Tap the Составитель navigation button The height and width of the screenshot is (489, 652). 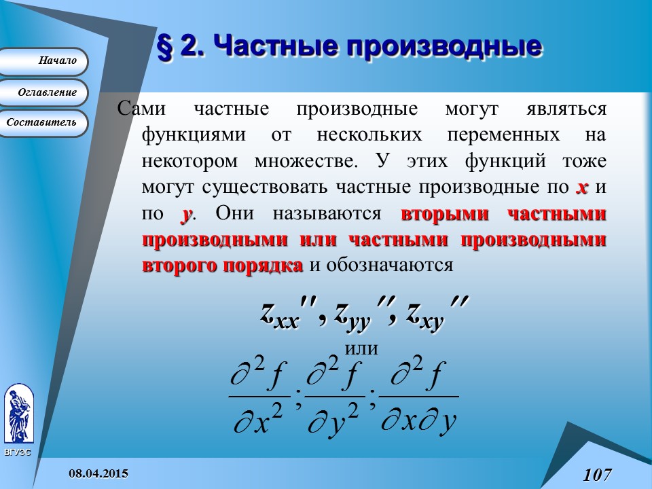click(43, 123)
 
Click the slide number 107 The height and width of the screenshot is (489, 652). click(597, 474)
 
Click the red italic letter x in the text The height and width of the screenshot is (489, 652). click(581, 187)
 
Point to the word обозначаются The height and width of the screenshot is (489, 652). click(390, 265)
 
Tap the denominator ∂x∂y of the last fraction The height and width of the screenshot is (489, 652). click(418, 421)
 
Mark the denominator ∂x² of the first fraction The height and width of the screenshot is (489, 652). click(259, 421)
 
